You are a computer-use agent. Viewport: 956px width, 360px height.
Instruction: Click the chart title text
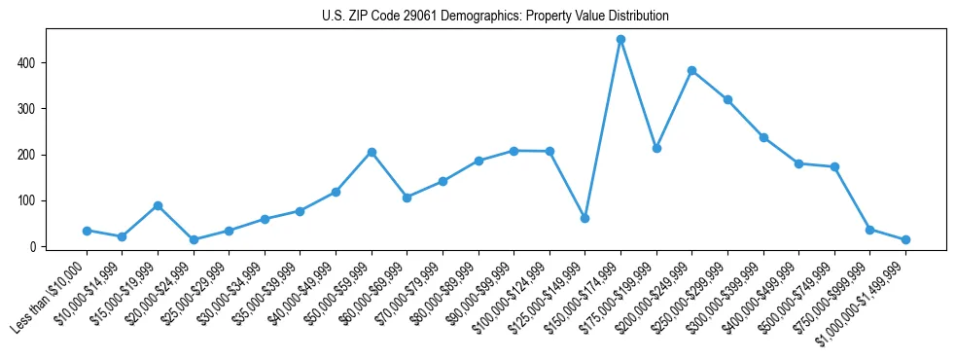[x=495, y=17]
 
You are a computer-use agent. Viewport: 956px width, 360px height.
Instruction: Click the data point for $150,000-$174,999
[x=620, y=40]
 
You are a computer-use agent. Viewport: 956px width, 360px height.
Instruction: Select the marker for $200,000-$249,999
[x=691, y=70]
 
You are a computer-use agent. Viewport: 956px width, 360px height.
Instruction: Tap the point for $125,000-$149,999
[x=584, y=218]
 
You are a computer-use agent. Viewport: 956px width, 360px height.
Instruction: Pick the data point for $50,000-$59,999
[x=372, y=152]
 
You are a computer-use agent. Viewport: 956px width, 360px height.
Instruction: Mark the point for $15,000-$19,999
[x=158, y=205]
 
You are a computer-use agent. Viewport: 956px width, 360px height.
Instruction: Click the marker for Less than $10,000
[x=87, y=231]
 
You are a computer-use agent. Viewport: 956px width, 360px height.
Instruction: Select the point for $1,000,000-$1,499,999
[x=905, y=239]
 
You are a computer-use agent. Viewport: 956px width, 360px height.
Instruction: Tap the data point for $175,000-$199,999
[x=656, y=148]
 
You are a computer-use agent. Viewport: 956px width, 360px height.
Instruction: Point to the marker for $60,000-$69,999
[x=407, y=198]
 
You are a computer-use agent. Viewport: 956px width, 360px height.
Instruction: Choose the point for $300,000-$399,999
[x=763, y=137]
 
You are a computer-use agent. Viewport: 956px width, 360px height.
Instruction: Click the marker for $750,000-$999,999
[x=869, y=230]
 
